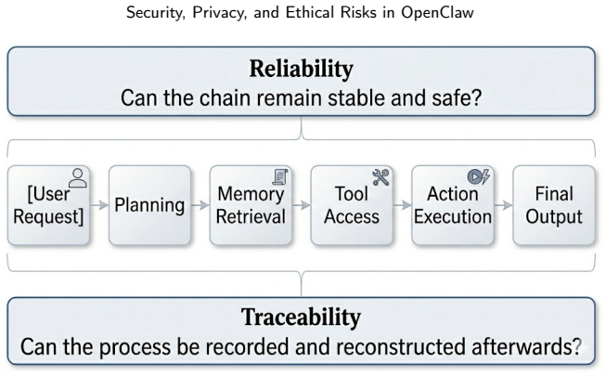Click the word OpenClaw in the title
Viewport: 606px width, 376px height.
coord(437,12)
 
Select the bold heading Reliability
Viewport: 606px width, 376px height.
coord(301,69)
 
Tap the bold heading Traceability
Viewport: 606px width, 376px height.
coord(301,318)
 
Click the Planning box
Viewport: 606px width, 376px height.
coord(149,205)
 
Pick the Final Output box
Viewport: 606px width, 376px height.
coord(554,205)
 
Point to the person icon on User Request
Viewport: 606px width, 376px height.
coord(78,178)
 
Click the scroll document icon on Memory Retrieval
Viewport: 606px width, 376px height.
coord(280,176)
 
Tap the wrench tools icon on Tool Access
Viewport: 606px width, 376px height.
coord(381,176)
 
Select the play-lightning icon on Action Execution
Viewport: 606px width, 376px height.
coord(479,176)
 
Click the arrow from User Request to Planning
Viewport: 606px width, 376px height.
coord(99,205)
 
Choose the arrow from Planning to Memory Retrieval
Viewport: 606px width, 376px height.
coord(200,205)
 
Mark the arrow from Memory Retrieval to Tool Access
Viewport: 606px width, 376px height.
coord(302,205)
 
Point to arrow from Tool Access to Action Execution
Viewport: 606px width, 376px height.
coord(403,205)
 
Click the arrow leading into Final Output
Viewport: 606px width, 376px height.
coord(503,205)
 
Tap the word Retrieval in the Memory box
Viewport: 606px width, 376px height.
coord(251,216)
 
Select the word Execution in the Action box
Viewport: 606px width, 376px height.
coord(453,216)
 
